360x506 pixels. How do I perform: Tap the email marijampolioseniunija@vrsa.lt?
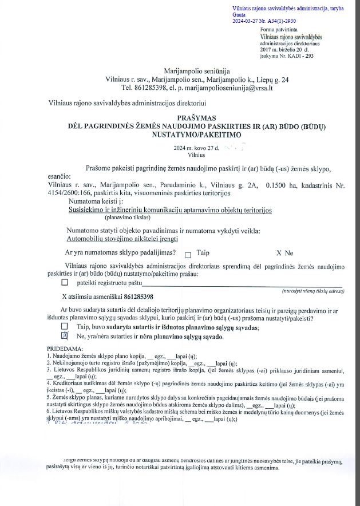pyautogui.click(x=224, y=88)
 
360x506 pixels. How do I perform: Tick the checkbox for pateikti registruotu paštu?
pyautogui.click(x=64, y=282)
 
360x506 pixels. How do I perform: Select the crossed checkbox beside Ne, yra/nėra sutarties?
pyautogui.click(x=64, y=336)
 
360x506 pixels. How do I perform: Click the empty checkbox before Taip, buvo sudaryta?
pyautogui.click(x=64, y=326)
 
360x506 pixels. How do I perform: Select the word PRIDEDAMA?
pyautogui.click(x=65, y=348)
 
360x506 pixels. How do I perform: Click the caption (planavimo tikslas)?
pyautogui.click(x=127, y=218)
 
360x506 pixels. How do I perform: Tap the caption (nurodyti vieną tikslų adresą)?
pyautogui.click(x=312, y=291)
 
